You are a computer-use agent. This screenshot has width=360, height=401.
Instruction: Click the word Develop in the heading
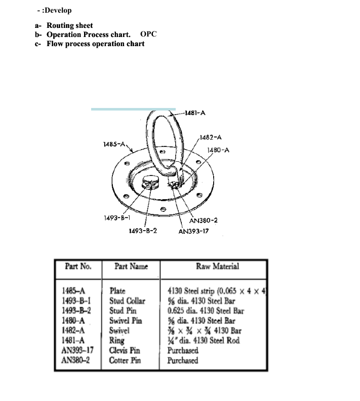[x=58, y=10]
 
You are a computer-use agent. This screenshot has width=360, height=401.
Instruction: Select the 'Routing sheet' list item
[x=70, y=25]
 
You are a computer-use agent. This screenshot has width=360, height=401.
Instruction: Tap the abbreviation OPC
[x=148, y=34]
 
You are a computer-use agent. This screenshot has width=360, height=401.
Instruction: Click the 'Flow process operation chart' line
[x=95, y=44]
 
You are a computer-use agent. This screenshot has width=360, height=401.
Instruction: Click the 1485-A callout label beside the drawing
[x=114, y=144]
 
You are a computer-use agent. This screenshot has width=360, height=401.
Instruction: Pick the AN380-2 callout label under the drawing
[x=204, y=221]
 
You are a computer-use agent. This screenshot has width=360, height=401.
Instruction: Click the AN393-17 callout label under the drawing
[x=194, y=231]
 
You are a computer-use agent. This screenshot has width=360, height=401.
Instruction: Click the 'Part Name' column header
[x=131, y=266]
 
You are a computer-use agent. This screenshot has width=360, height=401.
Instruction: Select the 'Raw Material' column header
[x=217, y=266]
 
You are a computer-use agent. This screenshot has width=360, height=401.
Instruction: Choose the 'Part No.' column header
[x=78, y=266]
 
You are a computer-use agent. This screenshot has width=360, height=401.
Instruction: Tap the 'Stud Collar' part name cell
[x=127, y=301]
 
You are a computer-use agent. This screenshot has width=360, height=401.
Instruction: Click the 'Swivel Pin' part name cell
[x=126, y=320]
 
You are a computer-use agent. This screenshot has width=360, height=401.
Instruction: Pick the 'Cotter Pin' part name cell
[x=125, y=360]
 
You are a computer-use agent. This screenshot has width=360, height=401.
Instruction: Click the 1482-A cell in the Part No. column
[x=72, y=331]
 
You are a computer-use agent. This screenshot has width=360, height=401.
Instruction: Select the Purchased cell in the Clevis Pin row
[x=183, y=350]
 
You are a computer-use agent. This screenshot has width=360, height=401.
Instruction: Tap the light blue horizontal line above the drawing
[x=133, y=109]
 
